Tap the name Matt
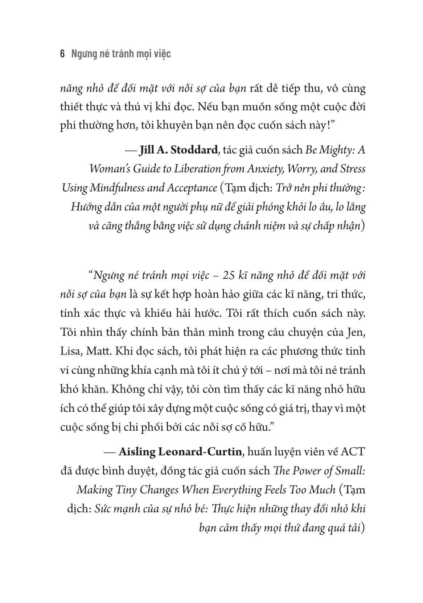[x=98, y=352]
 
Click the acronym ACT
[x=353, y=452]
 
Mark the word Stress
[x=352, y=169]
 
